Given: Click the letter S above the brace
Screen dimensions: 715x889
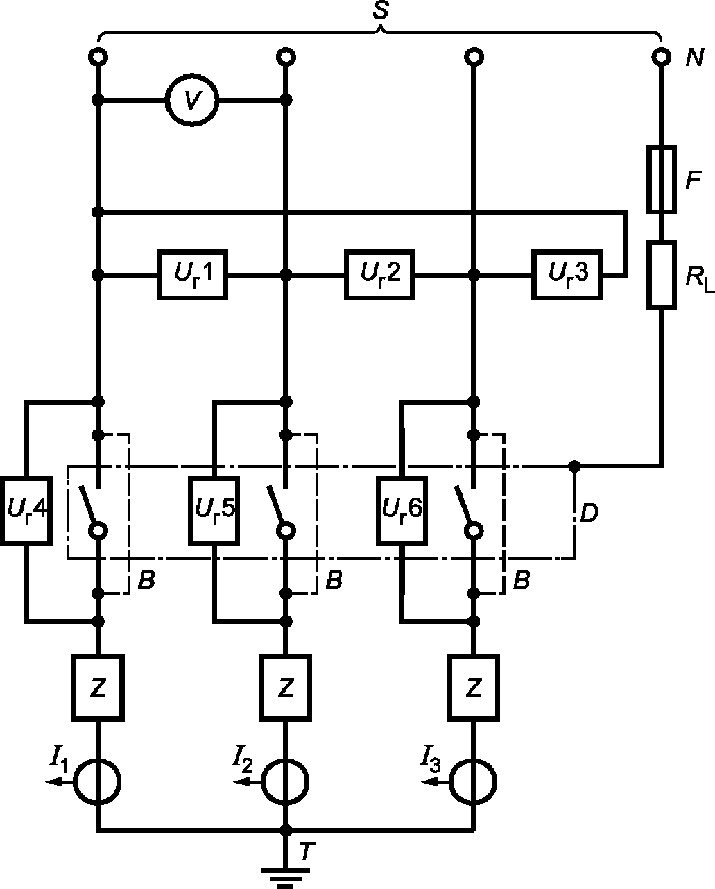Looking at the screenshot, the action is click(380, 10).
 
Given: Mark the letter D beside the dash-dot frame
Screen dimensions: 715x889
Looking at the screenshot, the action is click(589, 514).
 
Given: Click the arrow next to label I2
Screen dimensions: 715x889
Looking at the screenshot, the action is click(247, 781).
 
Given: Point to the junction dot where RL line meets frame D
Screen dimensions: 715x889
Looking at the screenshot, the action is click(574, 466).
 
